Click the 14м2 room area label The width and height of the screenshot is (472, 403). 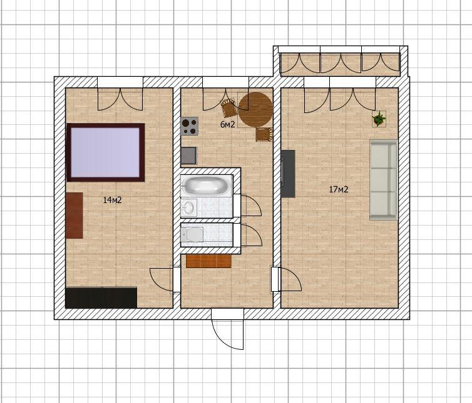112,200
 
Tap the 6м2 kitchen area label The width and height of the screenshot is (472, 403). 228,124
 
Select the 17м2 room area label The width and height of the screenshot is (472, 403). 339,189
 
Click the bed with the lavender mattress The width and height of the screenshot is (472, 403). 105,152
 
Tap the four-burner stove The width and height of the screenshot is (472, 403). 189,126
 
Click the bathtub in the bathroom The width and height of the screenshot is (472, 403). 207,186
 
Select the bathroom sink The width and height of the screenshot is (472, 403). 189,207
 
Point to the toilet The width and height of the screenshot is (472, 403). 192,234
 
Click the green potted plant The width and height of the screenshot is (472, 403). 379,119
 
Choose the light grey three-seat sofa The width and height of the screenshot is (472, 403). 384,180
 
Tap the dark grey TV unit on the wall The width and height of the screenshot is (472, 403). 288,174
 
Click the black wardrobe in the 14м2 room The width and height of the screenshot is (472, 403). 101,298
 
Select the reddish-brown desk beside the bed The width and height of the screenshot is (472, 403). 74,216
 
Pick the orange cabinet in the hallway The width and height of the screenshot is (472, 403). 208,261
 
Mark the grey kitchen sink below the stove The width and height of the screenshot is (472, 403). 189,156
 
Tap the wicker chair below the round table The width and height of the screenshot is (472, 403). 264,134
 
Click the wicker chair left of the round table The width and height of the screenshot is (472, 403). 228,108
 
